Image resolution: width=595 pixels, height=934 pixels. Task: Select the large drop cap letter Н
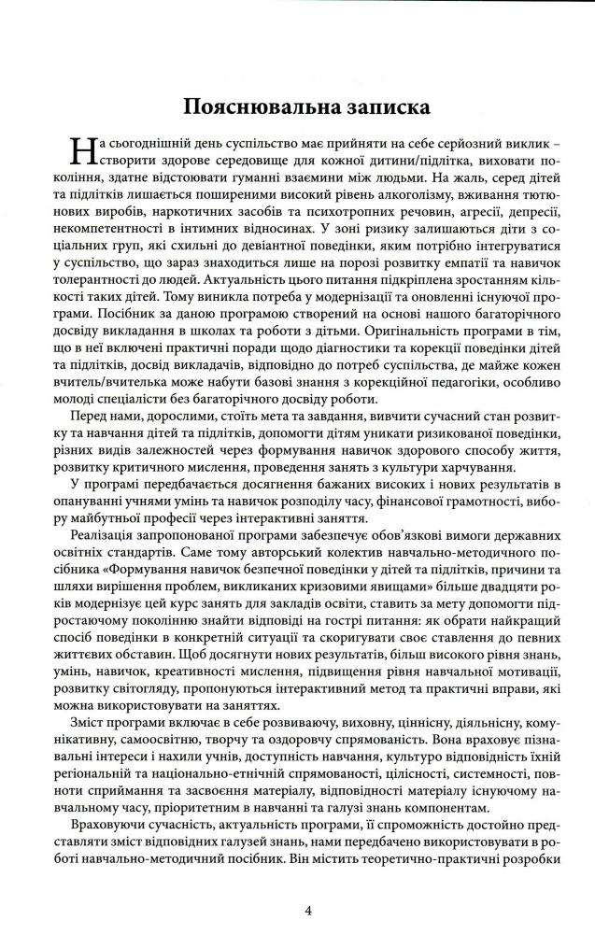tap(85, 151)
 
